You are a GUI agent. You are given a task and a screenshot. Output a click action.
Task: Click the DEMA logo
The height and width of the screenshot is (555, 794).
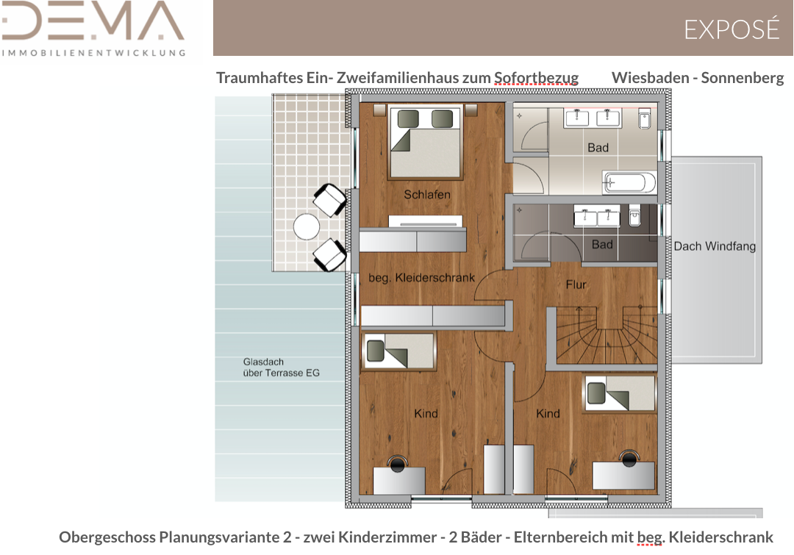pos(93,29)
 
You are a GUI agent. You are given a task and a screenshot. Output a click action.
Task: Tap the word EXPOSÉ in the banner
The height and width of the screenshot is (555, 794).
pos(732,29)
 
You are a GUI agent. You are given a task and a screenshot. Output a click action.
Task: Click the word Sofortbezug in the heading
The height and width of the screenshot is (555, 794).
pos(536,77)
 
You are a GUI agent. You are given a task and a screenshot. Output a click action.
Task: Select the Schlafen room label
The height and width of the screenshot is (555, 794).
pos(427,195)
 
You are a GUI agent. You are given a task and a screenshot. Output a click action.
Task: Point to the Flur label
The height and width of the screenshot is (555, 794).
pos(576,284)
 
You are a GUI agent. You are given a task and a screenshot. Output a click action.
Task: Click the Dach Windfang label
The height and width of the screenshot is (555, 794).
pos(715,246)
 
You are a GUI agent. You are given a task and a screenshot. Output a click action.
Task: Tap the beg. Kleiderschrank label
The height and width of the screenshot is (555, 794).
pos(422,278)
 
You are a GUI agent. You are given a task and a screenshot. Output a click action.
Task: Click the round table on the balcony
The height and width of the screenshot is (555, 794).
pos(307,226)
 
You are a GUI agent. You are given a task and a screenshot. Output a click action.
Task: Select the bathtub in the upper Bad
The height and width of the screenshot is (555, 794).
pos(629,182)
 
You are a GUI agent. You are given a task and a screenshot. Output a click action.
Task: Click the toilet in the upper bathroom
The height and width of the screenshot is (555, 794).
pos(645,118)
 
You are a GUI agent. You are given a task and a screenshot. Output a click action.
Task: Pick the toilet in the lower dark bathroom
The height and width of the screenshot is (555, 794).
pos(635,215)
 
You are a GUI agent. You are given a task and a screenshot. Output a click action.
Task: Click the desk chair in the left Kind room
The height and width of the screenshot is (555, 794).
pos(398,463)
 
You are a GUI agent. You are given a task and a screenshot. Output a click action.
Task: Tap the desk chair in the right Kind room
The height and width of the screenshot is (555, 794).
pos(629,458)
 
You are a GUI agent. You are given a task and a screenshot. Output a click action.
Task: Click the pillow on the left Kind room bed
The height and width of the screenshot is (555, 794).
pos(375,351)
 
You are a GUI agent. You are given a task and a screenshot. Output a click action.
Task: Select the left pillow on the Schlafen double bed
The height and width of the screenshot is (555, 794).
pos(408,119)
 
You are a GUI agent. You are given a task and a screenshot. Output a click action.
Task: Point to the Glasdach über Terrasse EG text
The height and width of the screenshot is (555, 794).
pos(281,367)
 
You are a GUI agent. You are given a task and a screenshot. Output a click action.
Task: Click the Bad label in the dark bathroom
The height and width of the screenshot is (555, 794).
pos(602,245)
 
